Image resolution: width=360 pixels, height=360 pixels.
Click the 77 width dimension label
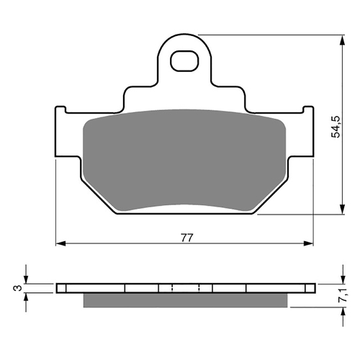pos(186,236)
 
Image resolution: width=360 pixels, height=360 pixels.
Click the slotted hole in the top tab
pos(186,62)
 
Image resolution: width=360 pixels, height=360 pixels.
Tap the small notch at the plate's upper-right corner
pos(311,110)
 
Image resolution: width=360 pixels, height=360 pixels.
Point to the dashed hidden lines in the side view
pos(186,288)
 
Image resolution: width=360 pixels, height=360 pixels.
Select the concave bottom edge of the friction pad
pos(186,206)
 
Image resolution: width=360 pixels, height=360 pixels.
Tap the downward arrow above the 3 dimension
pos(27,278)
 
